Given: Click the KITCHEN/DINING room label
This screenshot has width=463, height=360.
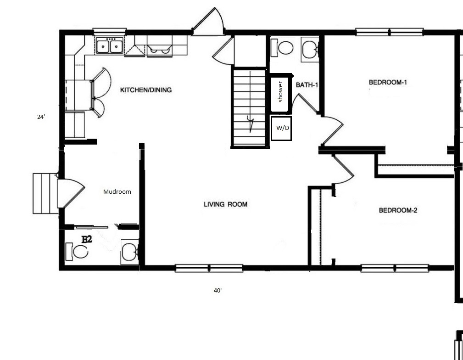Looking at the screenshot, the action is [145, 90].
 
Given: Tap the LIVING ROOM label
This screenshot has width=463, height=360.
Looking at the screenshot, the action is [226, 204].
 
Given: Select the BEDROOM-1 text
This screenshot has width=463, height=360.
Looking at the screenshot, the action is [388, 82].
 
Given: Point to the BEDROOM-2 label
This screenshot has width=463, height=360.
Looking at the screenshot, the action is [398, 210].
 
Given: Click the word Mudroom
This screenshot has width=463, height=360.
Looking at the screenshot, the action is [117, 192].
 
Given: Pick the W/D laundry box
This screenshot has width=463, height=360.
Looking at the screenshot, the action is [281, 129].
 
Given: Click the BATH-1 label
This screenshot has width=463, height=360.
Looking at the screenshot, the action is [307, 85].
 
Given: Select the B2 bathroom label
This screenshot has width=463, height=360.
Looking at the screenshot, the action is [86, 239].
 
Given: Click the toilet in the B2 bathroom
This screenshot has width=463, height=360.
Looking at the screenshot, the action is [77, 252].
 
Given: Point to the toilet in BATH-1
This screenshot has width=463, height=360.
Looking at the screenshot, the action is [282, 47].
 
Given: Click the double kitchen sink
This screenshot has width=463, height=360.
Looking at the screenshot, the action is [110, 46].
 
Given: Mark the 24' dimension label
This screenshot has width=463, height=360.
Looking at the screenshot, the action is [41, 117].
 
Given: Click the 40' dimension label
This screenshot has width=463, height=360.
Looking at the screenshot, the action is [218, 291].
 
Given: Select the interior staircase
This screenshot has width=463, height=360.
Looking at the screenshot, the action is [250, 107].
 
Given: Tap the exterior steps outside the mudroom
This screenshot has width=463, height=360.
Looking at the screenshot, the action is [45, 193].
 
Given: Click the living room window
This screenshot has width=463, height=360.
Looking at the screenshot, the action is [209, 268].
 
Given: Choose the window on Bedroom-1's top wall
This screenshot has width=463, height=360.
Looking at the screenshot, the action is [390, 32].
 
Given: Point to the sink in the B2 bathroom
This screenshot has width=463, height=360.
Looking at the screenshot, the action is [129, 252].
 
